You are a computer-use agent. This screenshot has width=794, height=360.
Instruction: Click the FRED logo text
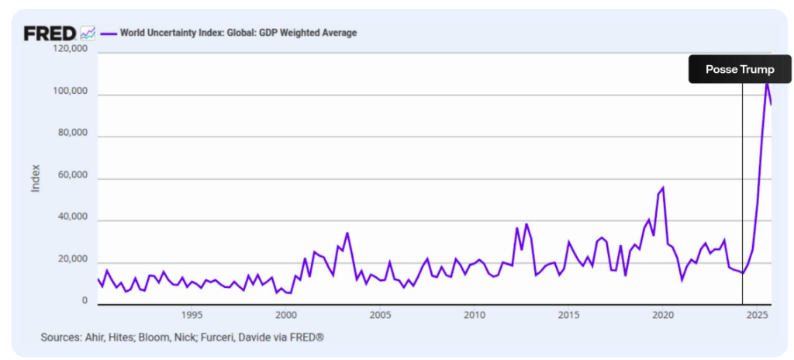point(50,33)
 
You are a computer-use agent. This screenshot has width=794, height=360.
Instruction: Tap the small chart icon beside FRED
point(88,33)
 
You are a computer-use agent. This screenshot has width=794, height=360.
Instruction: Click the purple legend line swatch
point(108,33)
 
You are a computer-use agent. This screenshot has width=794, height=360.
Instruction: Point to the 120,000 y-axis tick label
point(69,49)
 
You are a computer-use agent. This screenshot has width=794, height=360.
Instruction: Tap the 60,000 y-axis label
point(71,178)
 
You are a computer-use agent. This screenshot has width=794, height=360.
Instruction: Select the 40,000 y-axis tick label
point(71,220)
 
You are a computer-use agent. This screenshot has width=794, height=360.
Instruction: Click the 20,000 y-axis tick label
point(71,262)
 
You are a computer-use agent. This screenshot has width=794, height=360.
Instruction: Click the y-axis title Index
point(36,178)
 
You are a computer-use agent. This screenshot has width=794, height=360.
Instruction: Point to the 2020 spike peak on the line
point(663,188)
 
